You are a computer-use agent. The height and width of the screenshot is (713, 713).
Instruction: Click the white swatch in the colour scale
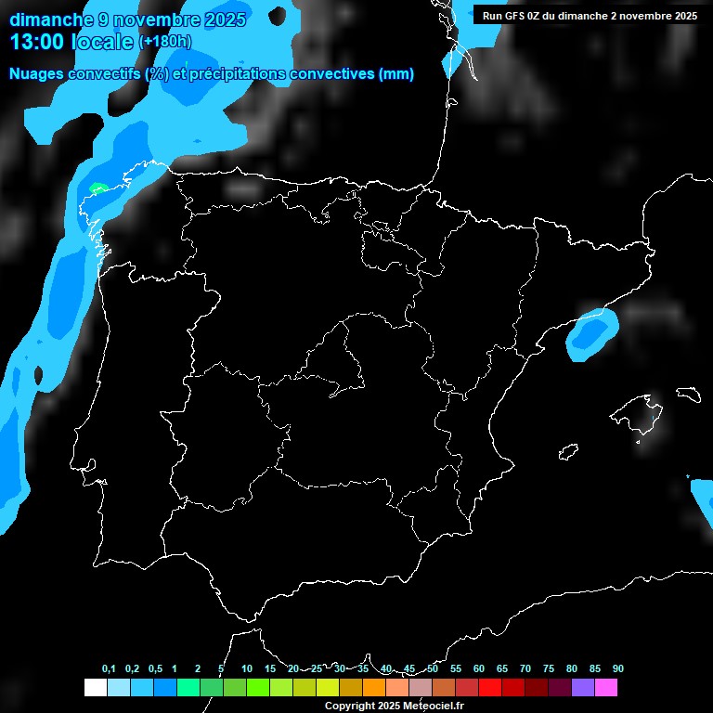[x=95, y=687]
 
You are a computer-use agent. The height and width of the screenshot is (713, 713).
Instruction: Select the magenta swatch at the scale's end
[x=606, y=687]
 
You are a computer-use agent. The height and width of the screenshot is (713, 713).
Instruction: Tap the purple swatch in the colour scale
[x=583, y=687]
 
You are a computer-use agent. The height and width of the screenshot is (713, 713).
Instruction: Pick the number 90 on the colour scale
[x=618, y=669]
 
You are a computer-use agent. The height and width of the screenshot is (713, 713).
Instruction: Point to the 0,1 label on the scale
[x=109, y=669]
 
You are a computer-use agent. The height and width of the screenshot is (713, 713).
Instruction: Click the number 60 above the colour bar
[x=479, y=669]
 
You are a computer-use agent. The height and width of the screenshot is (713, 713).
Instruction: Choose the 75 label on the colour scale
[x=549, y=669]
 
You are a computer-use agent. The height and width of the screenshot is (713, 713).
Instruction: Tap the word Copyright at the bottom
[x=350, y=707]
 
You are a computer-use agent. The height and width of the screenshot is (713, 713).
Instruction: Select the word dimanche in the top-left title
[x=46, y=19]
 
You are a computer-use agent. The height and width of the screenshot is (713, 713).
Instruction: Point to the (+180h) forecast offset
[x=165, y=42]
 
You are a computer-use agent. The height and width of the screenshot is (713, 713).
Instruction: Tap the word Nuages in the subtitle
[x=34, y=74]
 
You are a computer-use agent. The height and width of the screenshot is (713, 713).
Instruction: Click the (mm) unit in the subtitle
[x=396, y=74]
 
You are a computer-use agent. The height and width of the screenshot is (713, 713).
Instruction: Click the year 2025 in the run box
[x=682, y=16]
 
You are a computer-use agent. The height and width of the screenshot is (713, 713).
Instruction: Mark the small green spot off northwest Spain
[x=97, y=188]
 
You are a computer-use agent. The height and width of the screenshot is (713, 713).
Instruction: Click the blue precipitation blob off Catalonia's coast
[x=591, y=334]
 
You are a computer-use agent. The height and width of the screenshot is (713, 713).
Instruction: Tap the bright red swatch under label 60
[x=490, y=687]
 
